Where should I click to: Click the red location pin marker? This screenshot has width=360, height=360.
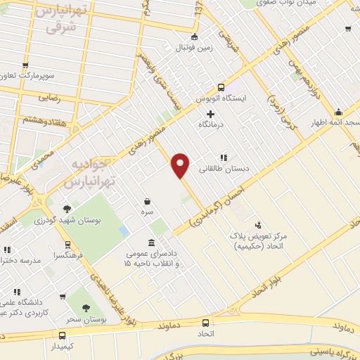(181, 165)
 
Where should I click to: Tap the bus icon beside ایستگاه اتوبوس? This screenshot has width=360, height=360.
(221, 88)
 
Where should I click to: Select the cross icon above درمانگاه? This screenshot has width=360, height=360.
(210, 114)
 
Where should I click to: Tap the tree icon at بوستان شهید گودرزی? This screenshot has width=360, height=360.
(67, 208)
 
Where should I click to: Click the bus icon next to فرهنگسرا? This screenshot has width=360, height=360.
(67, 245)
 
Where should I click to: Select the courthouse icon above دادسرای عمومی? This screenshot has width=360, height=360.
(151, 243)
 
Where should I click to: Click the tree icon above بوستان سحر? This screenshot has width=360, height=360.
(86, 308)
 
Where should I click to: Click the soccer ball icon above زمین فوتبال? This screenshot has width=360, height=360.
(195, 38)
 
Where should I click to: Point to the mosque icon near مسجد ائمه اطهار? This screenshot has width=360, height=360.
(339, 112)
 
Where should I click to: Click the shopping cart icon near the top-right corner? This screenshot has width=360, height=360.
(348, 29)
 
